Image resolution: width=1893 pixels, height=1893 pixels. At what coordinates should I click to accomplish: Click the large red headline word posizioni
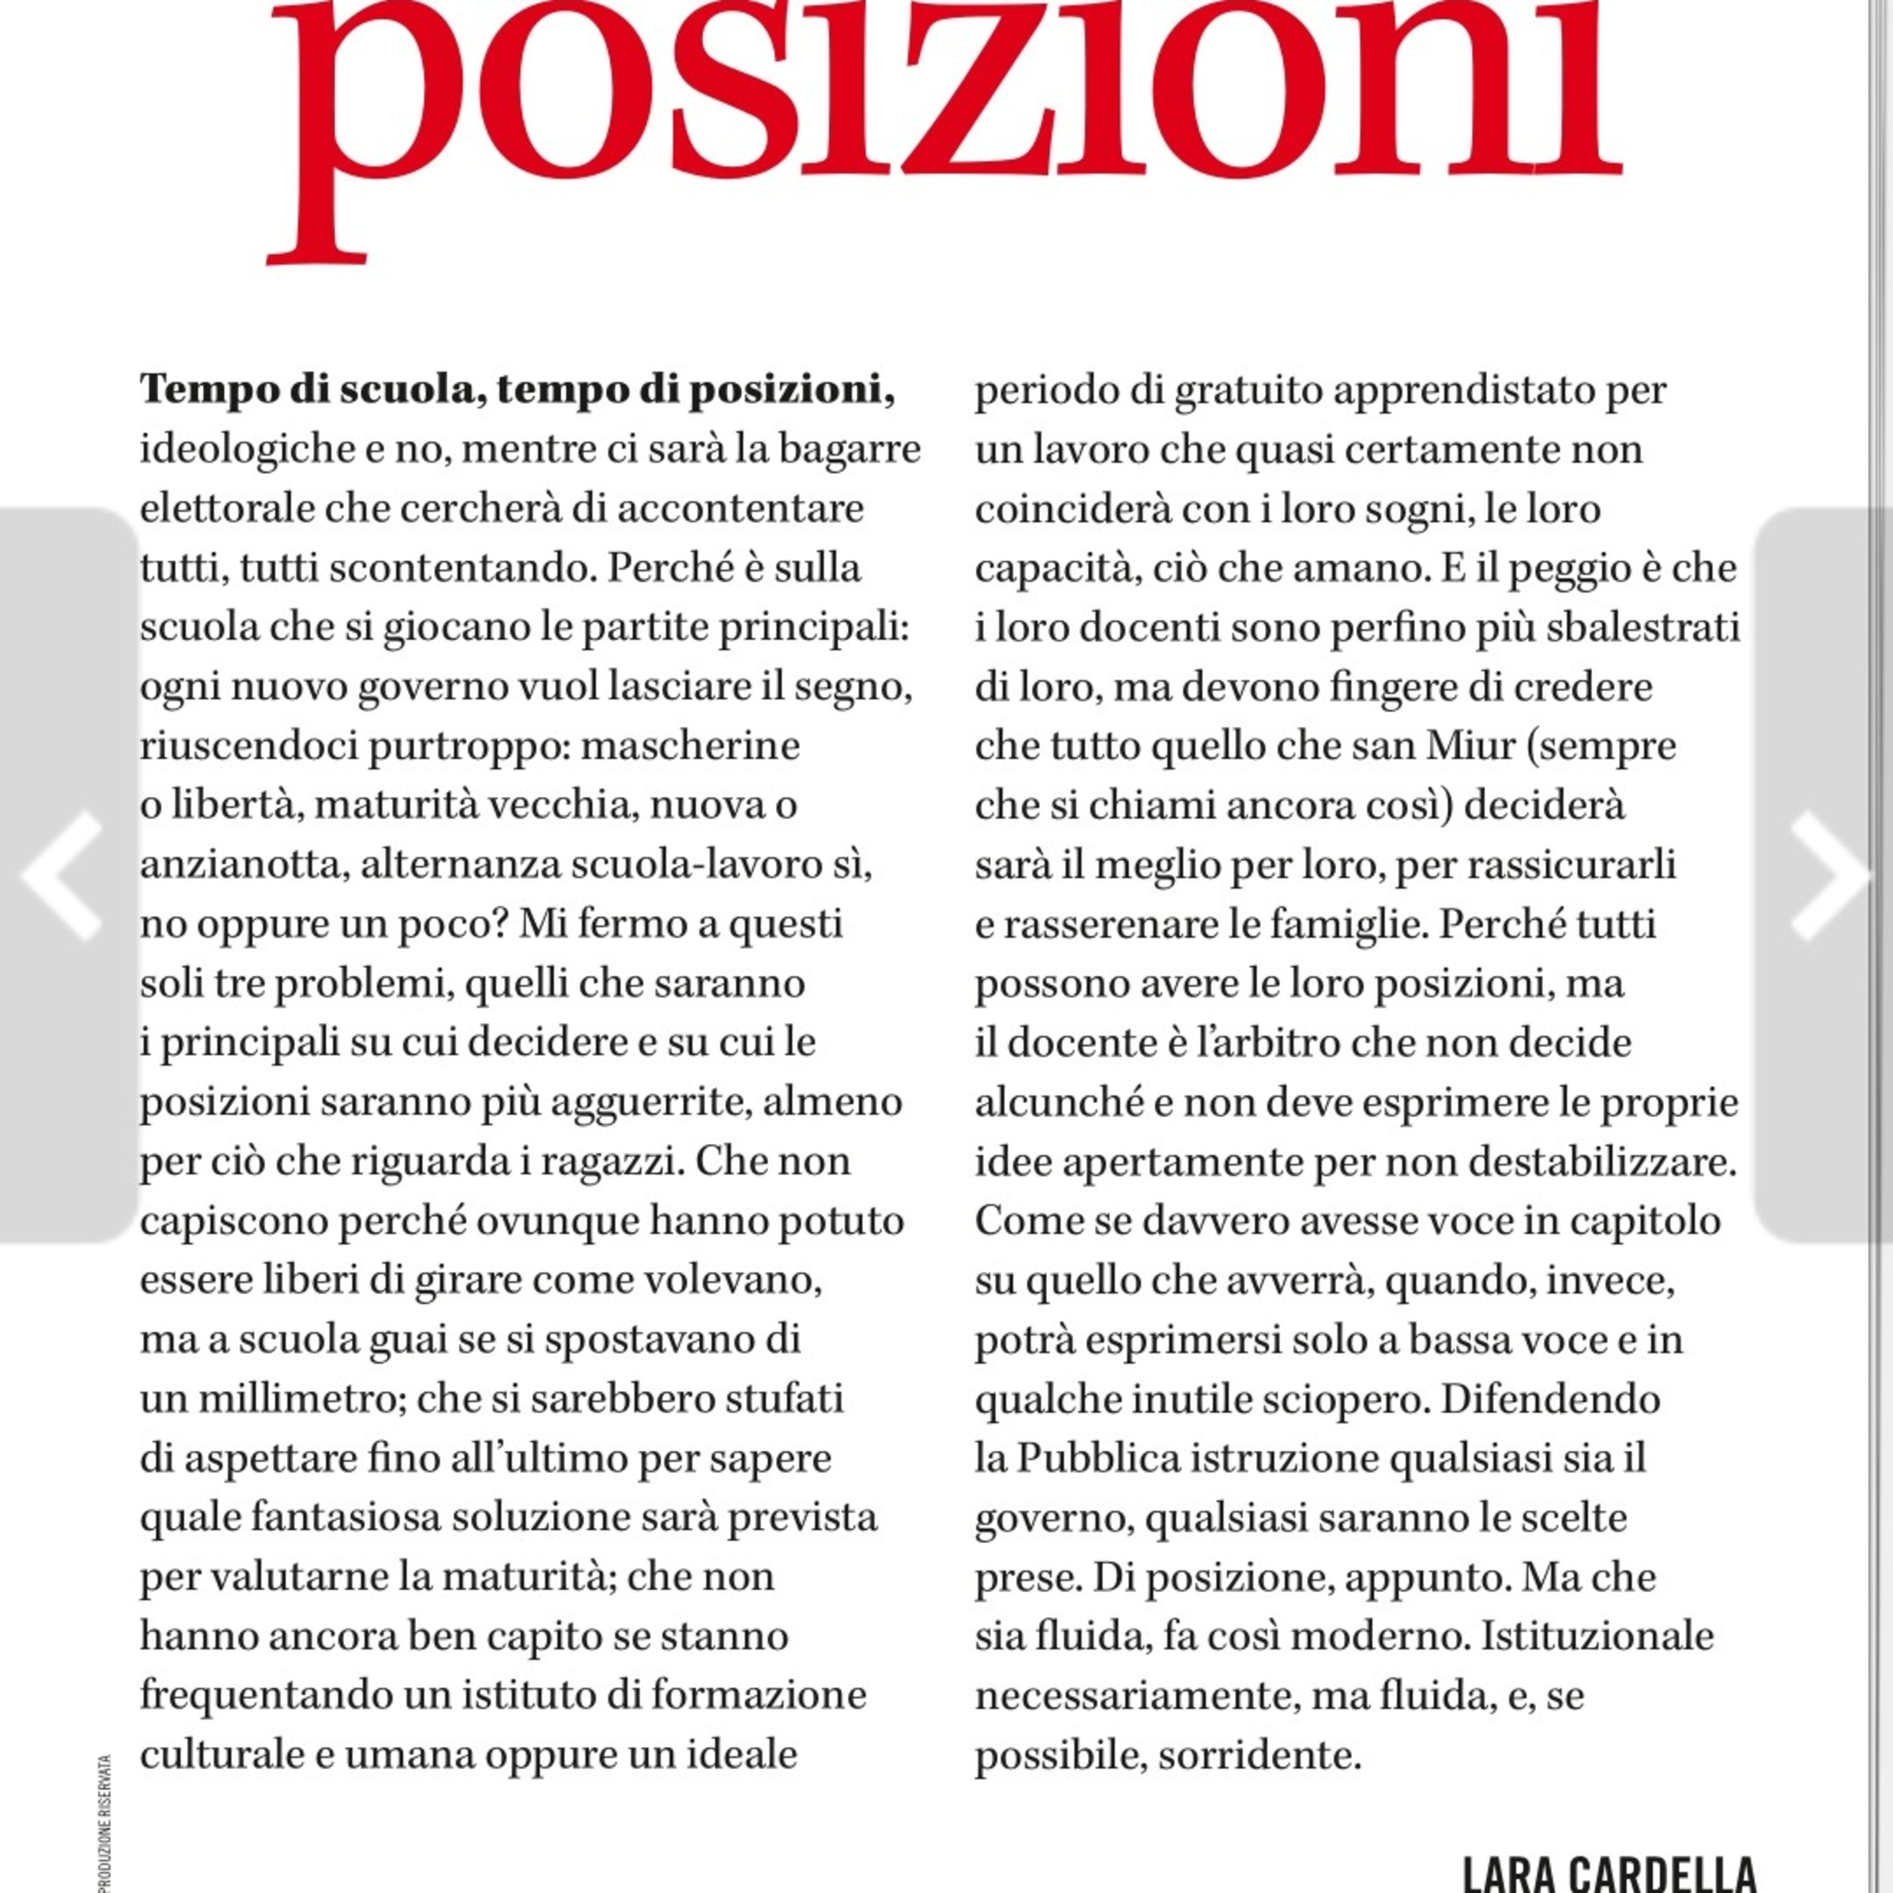coord(945,108)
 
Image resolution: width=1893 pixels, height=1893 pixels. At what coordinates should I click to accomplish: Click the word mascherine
coord(691,746)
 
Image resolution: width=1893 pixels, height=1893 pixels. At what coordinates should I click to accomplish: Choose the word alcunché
coord(1062,1102)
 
